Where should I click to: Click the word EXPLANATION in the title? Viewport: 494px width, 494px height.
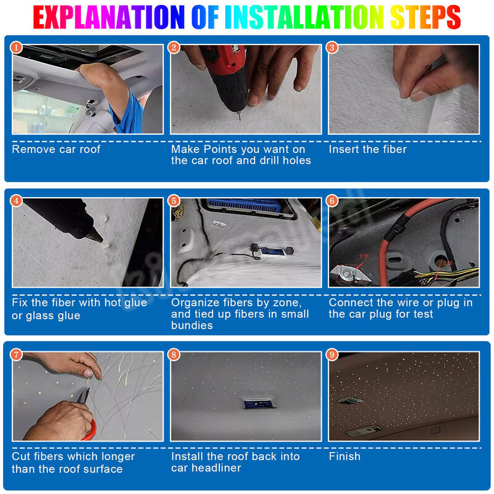(109, 17)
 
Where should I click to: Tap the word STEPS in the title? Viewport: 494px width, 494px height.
(425, 17)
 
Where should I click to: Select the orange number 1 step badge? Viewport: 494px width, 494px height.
(17, 48)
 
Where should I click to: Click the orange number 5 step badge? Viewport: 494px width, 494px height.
(174, 201)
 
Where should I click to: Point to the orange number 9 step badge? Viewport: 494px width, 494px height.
(332, 354)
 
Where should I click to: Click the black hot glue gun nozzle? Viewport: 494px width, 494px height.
(95, 235)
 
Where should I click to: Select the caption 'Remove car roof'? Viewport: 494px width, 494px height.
(56, 149)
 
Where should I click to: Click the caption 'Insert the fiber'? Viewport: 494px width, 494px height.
(367, 149)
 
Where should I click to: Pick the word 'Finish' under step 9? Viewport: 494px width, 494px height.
(345, 456)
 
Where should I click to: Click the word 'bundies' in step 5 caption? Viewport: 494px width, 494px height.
(192, 325)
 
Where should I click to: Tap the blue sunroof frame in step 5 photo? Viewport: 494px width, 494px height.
(244, 206)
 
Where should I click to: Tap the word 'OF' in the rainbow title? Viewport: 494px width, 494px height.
(205, 17)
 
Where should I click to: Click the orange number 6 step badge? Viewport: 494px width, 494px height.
(332, 201)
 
